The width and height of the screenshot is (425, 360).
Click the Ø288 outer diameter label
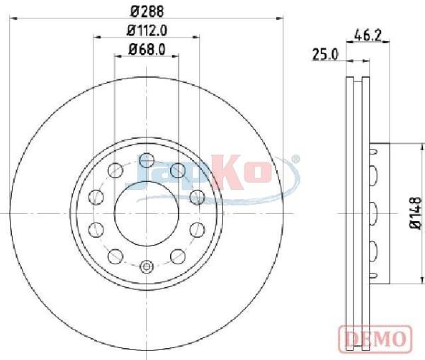click(x=147, y=11)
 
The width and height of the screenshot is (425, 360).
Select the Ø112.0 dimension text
click(x=147, y=30)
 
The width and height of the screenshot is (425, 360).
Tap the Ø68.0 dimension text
click(x=147, y=50)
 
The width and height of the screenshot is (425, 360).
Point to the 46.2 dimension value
click(x=368, y=35)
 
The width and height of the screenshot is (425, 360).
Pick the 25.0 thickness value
click(x=326, y=55)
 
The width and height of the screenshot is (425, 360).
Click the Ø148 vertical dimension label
click(x=415, y=213)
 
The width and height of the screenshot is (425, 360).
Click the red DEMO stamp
click(x=375, y=338)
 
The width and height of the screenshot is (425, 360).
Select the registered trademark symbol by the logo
click(x=297, y=159)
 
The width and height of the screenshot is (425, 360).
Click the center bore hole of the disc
click(x=147, y=213)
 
